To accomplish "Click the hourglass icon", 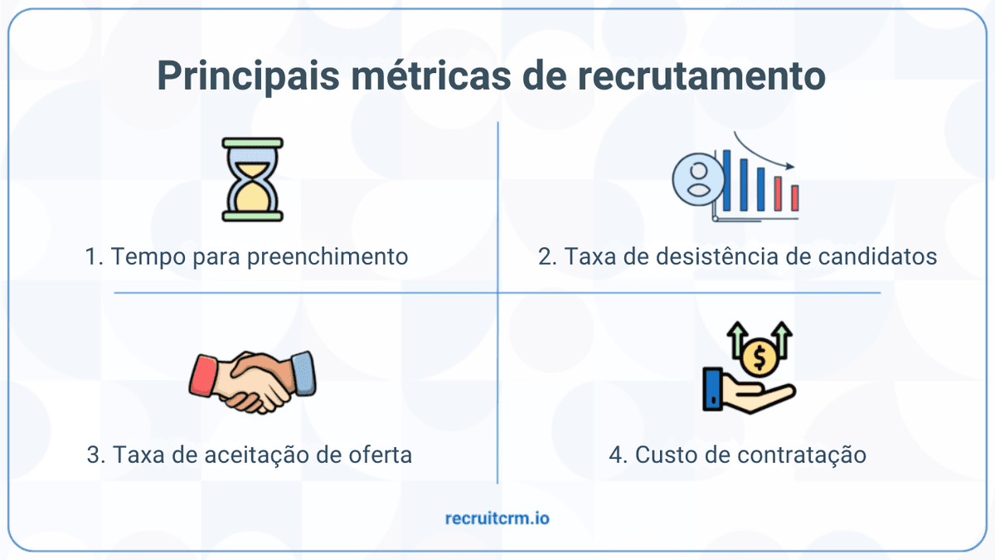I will [253, 180].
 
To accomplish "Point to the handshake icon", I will [253, 380].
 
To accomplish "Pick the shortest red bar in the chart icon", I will [794, 197].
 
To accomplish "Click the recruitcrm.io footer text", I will [498, 519].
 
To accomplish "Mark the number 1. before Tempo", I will [94, 256].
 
